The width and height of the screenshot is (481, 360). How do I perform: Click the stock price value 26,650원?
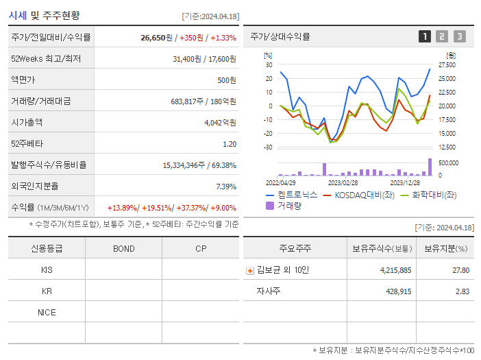click(x=156, y=38)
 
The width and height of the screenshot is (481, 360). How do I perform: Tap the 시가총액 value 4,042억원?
click(x=220, y=123)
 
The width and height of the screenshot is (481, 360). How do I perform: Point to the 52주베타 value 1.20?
click(x=230, y=144)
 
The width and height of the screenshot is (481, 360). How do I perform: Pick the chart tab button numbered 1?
click(x=425, y=37)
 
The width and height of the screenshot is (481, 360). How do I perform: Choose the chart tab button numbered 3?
click(x=459, y=37)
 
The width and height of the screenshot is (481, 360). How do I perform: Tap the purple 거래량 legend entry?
click(x=288, y=206)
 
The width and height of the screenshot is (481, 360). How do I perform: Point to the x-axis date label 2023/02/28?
click(x=343, y=183)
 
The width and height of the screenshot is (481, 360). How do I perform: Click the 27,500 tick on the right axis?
click(x=447, y=65)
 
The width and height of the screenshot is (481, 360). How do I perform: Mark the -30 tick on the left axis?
click(x=268, y=147)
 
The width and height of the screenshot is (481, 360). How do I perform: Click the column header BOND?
click(x=123, y=249)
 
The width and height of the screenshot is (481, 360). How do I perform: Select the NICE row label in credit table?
click(x=47, y=313)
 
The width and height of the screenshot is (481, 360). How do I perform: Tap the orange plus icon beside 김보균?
click(x=250, y=270)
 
